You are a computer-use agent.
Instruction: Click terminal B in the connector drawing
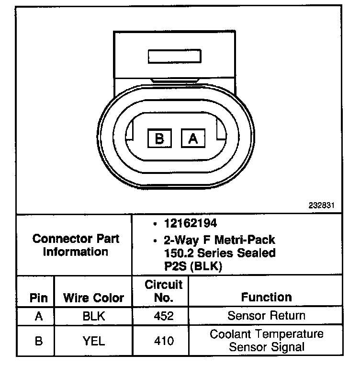coord(159,138)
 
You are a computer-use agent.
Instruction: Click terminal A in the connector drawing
coord(193,138)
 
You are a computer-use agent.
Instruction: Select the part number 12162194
coord(191,224)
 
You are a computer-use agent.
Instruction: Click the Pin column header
coord(39,298)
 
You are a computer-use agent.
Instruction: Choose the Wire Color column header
coord(94,298)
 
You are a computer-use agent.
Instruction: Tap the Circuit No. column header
coord(164,291)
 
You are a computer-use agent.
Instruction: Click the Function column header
coord(266,298)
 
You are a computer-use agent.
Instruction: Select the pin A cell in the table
coord(39,316)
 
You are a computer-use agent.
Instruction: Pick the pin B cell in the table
coord(39,341)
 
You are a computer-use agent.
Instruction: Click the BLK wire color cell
coord(94,316)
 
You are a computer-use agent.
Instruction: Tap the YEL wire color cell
coord(94,341)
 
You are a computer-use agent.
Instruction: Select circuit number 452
coord(164,316)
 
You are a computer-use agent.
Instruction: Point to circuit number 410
coord(164,341)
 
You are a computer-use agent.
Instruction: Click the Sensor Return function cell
coord(266,316)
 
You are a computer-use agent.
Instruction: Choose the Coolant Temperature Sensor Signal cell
coord(266,341)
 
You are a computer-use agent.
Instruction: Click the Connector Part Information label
coord(76,245)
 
